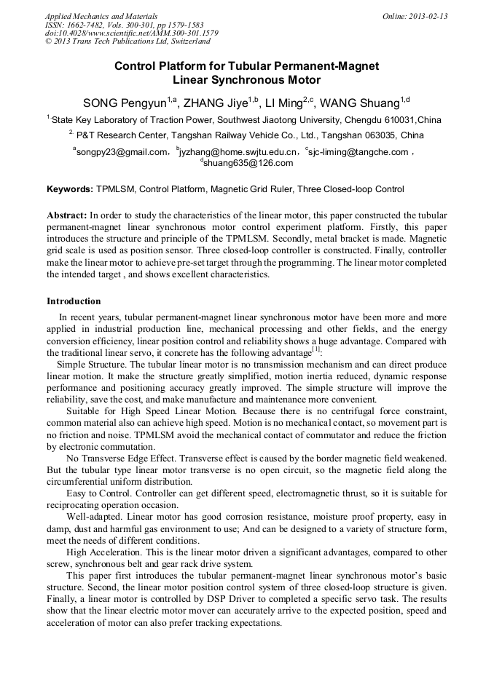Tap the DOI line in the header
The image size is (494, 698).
tap(131, 33)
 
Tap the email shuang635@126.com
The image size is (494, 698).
tap(247, 163)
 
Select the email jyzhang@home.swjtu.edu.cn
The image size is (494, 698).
tap(239, 152)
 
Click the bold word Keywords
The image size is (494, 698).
tap(70, 189)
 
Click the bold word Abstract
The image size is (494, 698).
tap(67, 216)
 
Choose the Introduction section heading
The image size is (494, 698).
tap(74, 301)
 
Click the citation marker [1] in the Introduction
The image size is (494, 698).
tap(316, 349)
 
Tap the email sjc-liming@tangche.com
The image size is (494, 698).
tap(358, 152)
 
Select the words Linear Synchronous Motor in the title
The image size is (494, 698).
tap(246, 80)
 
